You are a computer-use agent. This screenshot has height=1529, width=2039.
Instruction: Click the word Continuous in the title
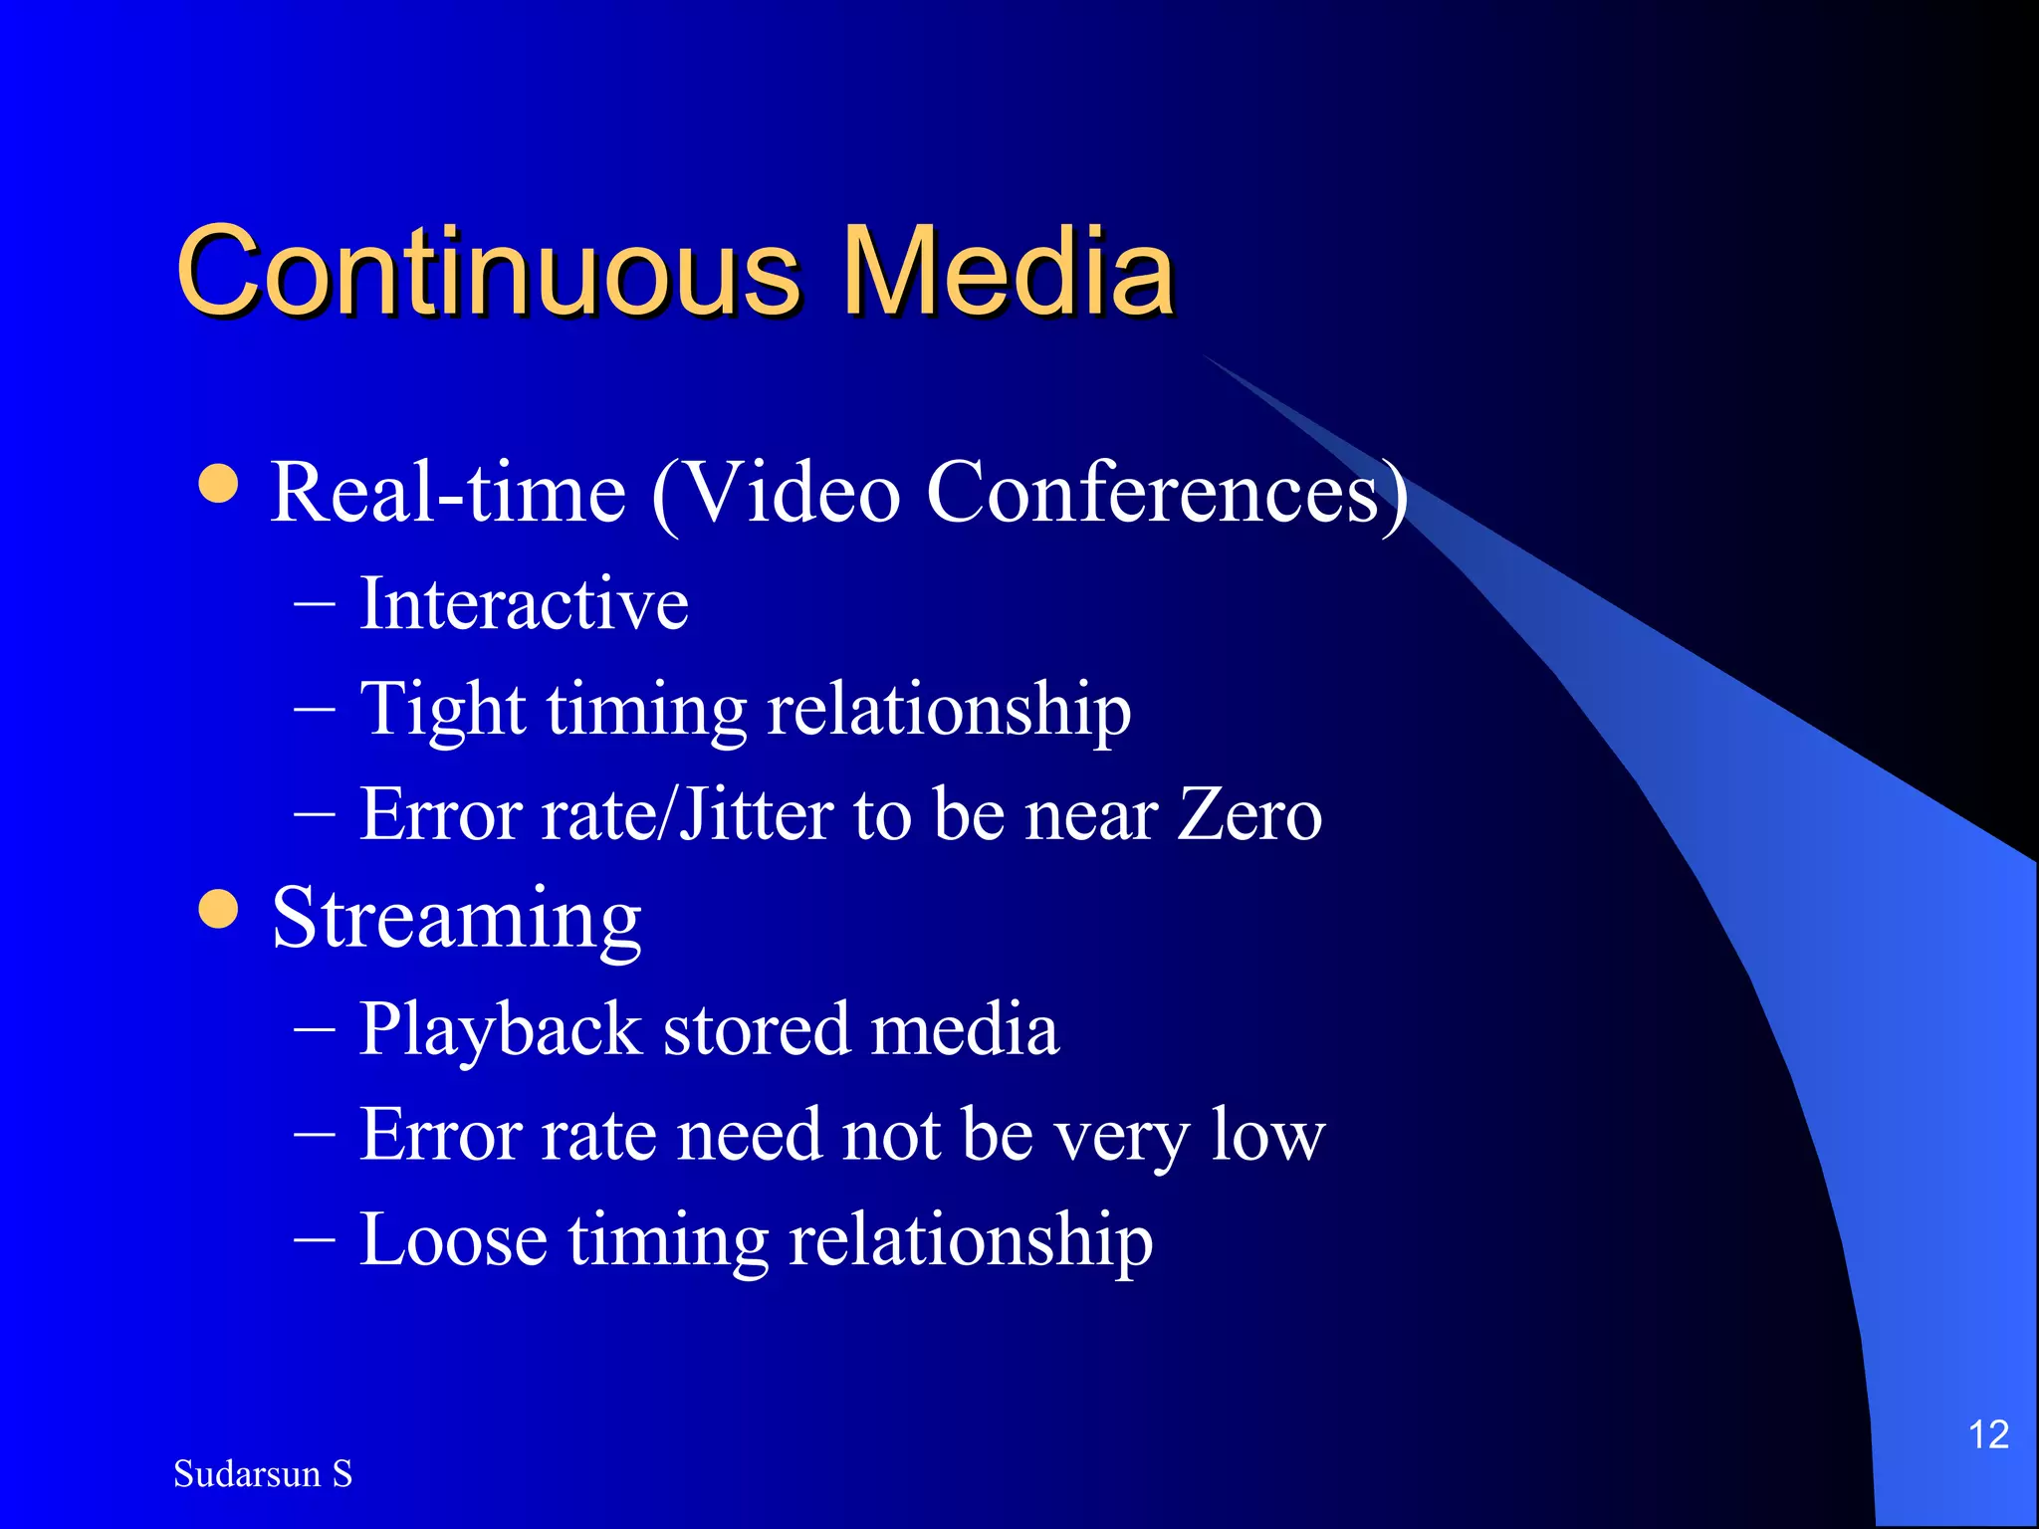tap(488, 271)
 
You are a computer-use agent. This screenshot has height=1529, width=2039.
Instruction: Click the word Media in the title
tap(1008, 271)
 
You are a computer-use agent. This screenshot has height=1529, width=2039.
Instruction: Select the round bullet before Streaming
tap(219, 908)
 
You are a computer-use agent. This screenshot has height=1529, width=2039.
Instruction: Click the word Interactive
tap(524, 603)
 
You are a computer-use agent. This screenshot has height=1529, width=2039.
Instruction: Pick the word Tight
tap(442, 709)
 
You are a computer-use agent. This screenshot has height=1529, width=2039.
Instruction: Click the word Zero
tap(1250, 814)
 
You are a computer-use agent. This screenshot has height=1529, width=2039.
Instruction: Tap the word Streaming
tap(456, 918)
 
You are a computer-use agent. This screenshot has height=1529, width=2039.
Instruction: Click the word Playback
tap(500, 1029)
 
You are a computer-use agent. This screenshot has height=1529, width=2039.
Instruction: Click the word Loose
tap(453, 1240)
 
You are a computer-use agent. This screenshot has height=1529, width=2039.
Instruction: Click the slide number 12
tap(1988, 1434)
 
